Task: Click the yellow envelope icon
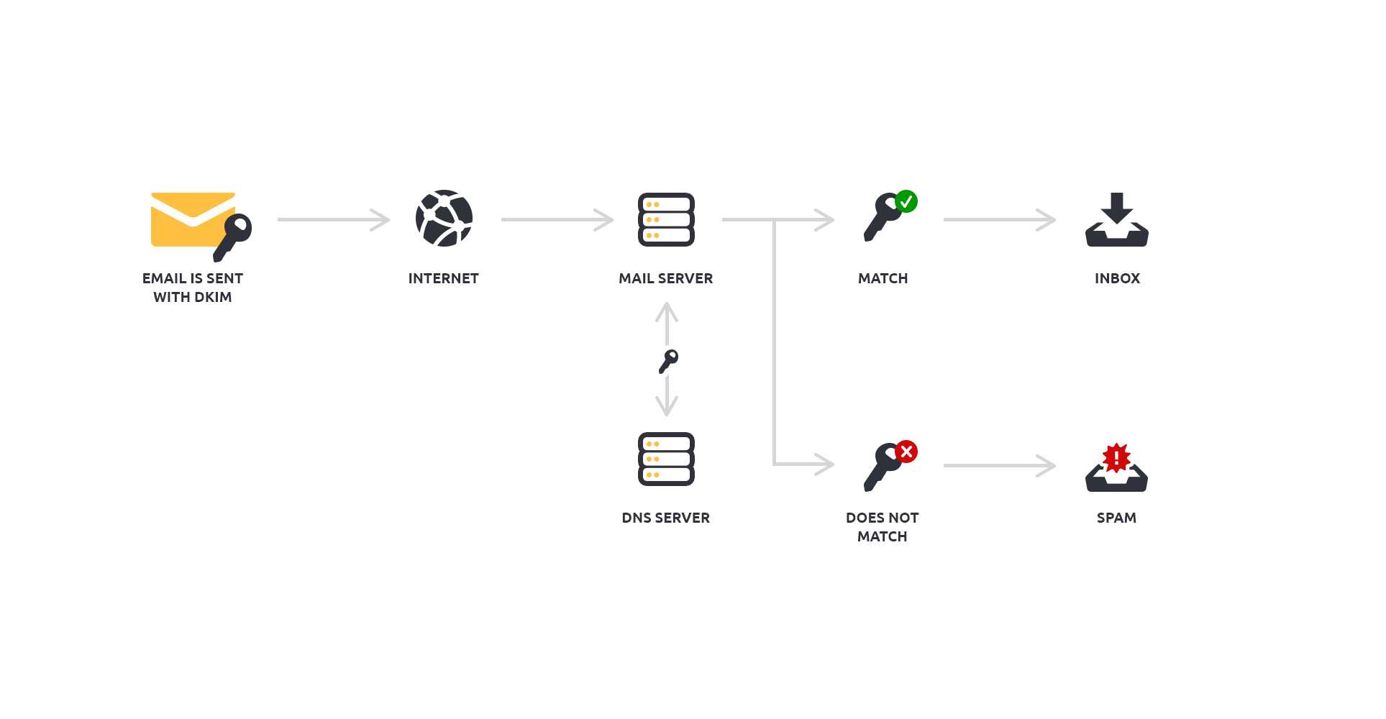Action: [x=188, y=219]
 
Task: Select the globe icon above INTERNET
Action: [x=444, y=219]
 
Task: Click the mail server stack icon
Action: [x=666, y=219]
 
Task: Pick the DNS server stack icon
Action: [x=666, y=459]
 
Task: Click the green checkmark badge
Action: [x=906, y=201]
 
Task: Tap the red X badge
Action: [x=906, y=452]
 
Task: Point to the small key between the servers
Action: [x=668, y=361]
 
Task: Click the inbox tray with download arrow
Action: [x=1116, y=220]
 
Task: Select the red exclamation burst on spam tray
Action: [x=1116, y=457]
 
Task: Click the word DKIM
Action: [x=212, y=297]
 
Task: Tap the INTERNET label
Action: [x=443, y=278]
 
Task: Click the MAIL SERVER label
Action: [x=665, y=278]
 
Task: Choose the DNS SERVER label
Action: [x=665, y=518]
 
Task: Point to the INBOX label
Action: [x=1117, y=278]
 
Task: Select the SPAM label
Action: [x=1116, y=518]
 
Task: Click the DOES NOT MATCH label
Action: [x=882, y=527]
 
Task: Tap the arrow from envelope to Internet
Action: [x=333, y=219]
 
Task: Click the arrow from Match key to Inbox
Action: [x=999, y=219]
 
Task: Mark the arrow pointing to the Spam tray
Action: [x=999, y=465]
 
